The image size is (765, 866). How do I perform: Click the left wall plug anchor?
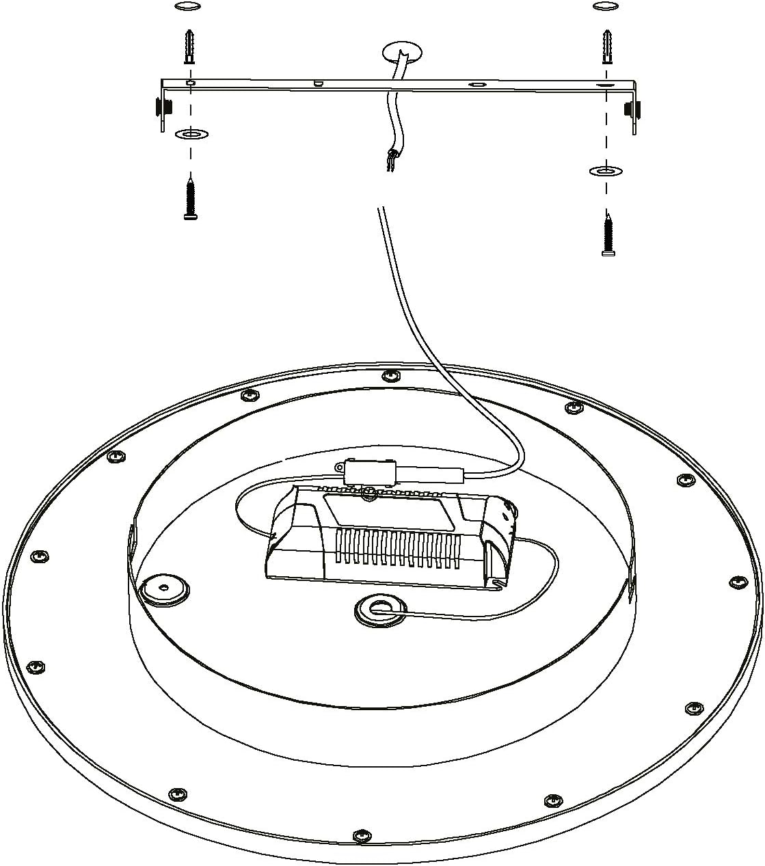pyautogui.click(x=189, y=45)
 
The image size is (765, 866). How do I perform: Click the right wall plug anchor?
pyautogui.click(x=606, y=46)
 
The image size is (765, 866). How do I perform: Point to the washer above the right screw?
pyautogui.click(x=606, y=170)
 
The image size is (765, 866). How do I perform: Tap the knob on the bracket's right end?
pyautogui.click(x=632, y=107)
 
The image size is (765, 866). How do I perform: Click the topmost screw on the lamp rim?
pyautogui.click(x=390, y=375)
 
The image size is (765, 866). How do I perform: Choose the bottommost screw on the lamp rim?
pyautogui.click(x=361, y=835)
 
